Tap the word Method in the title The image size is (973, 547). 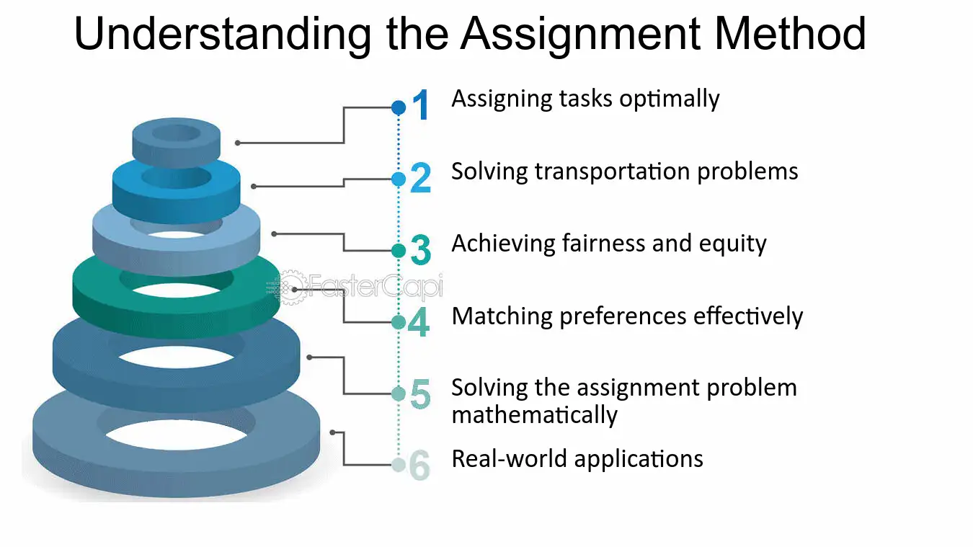point(790,33)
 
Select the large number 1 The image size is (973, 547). point(420,104)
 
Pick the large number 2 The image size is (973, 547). point(420,177)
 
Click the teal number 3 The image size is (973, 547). point(420,249)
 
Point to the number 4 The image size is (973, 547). point(419,321)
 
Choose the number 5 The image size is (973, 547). point(420,393)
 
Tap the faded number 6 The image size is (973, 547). point(419,465)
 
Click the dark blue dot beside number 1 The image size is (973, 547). point(399,107)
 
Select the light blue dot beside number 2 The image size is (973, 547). point(399,179)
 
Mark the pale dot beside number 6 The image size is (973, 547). point(399,465)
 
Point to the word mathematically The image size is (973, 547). point(534,415)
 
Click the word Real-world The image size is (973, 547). point(509,459)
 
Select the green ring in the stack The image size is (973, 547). point(176,313)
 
